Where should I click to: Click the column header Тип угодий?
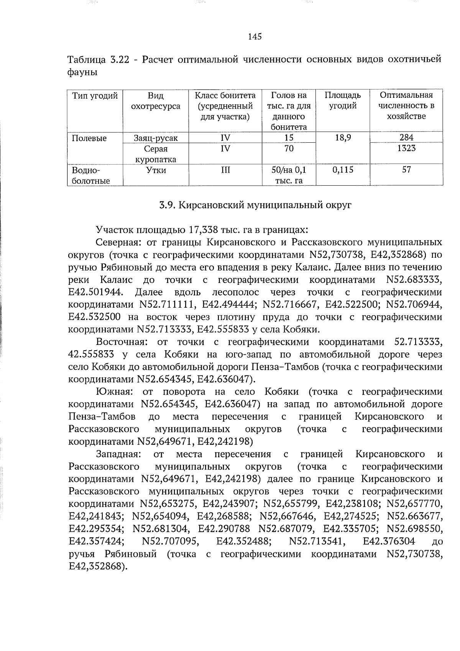[95, 96]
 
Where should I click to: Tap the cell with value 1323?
[406, 148]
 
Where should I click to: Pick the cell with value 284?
[406, 138]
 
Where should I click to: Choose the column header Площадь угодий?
[343, 101]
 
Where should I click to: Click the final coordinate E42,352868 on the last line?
[97, 567]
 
